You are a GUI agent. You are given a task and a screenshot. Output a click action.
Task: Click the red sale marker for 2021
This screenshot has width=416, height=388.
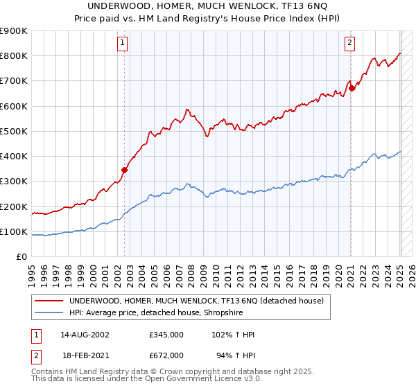[352, 88]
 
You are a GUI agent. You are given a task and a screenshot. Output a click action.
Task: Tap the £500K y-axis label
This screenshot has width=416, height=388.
[14, 131]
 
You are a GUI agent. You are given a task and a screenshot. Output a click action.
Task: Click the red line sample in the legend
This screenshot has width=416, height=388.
[49, 301]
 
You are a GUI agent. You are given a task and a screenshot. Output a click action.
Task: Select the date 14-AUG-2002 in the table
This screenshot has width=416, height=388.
[85, 335]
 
